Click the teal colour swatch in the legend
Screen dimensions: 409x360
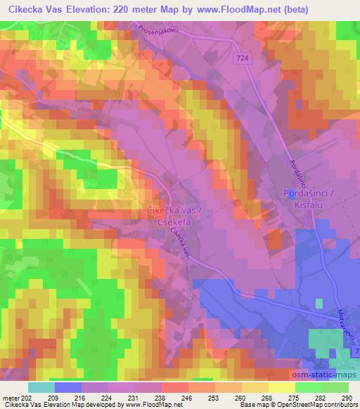point(41,387)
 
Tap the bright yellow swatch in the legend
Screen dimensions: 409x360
point(282,387)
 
